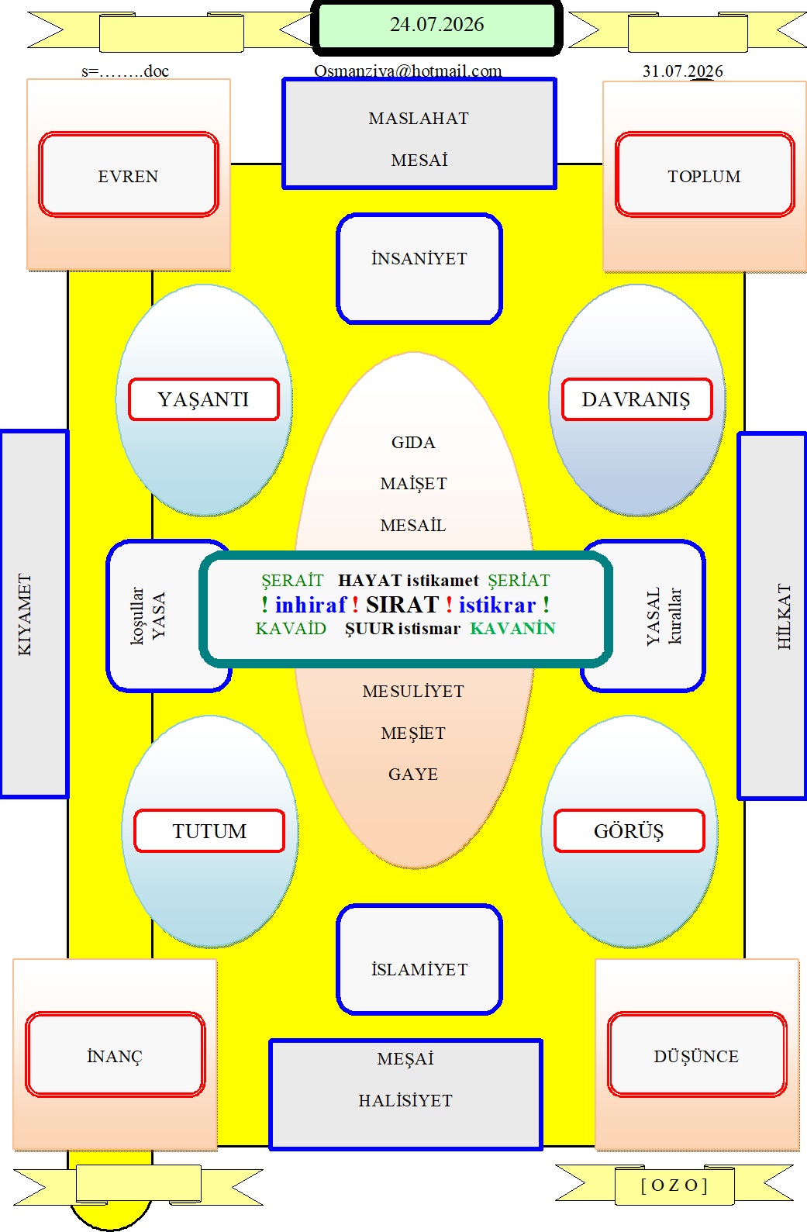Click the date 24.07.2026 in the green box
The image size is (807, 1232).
pos(436,25)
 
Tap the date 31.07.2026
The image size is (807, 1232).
pos(683,71)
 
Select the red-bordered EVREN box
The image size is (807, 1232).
pos(129,174)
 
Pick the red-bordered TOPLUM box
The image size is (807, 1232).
pos(705,174)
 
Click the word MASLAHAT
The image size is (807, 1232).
pos(419,119)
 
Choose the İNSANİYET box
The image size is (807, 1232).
pos(419,268)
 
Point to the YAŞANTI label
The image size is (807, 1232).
pos(204,399)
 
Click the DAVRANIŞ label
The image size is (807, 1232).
pos(636,399)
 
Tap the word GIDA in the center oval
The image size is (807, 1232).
pos(413,443)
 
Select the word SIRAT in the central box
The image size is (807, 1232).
pos(402,605)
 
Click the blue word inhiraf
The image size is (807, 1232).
pos(311,605)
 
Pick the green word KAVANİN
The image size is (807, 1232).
pos(512,628)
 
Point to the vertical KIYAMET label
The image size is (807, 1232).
pos(26,614)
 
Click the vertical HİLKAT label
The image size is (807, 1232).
pos(784,616)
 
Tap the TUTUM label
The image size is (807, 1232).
pos(209,831)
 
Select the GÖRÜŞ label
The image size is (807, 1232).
pos(629,831)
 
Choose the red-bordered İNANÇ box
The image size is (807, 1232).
pos(116,1054)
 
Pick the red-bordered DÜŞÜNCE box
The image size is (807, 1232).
pos(697,1054)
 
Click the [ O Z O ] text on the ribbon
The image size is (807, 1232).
pos(674,1185)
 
